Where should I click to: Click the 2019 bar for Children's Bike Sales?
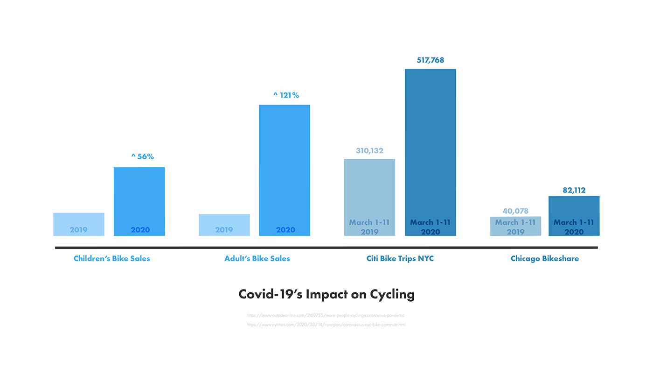click(79, 224)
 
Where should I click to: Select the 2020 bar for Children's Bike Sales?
click(139, 201)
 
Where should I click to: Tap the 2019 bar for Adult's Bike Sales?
click(224, 225)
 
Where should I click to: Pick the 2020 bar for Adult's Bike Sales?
click(285, 170)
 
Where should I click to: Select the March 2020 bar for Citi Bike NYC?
click(430, 152)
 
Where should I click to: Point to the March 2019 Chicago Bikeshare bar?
click(515, 226)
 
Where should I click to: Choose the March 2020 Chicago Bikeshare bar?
click(574, 216)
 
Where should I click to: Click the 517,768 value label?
click(430, 60)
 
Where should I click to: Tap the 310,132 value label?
click(369, 151)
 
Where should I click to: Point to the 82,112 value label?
click(574, 190)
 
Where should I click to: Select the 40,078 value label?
click(515, 211)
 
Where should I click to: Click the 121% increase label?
click(286, 95)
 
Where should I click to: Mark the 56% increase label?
click(142, 156)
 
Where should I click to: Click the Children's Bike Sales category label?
click(112, 258)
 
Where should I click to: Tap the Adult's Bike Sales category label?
click(257, 258)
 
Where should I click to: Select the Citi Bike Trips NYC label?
click(400, 258)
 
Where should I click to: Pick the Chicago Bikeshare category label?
click(544, 258)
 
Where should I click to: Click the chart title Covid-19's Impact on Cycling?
click(326, 294)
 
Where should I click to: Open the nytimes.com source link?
click(326, 325)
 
